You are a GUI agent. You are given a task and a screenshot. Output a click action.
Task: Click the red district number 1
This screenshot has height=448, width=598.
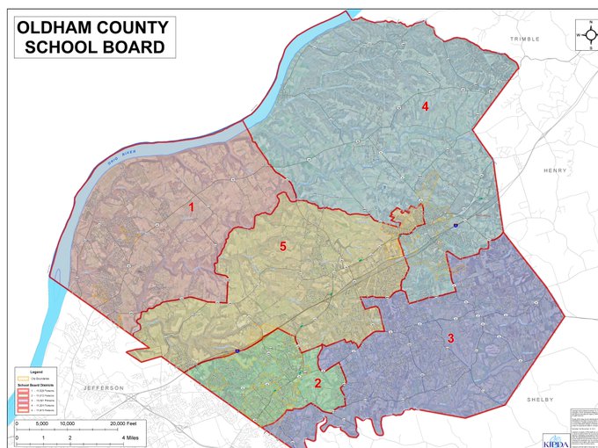pyautogui.click(x=192, y=207)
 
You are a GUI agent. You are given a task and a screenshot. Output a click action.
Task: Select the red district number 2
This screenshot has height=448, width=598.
pyautogui.click(x=318, y=382)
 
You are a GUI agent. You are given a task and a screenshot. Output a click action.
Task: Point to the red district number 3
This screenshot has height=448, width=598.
pyautogui.click(x=451, y=337)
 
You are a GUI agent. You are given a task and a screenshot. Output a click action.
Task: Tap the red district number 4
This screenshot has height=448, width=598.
pyautogui.click(x=425, y=106)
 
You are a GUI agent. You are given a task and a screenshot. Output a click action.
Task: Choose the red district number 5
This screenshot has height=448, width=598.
pyautogui.click(x=282, y=247)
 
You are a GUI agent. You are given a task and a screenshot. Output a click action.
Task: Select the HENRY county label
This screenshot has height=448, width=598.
pyautogui.click(x=555, y=170)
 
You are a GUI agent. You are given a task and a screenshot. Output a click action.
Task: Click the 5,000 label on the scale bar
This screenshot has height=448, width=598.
pyautogui.click(x=41, y=423)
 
